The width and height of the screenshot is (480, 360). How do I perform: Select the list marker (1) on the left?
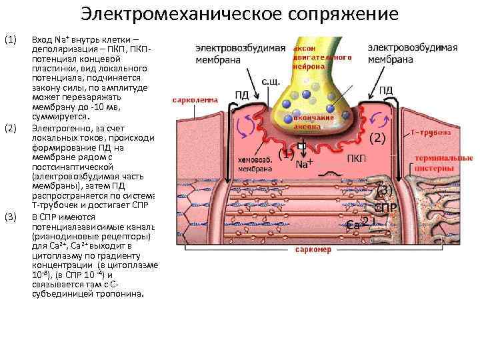[x=10, y=41]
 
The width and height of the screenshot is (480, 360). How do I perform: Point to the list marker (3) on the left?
[x=10, y=217]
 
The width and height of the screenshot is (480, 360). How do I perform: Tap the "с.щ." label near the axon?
[x=269, y=82]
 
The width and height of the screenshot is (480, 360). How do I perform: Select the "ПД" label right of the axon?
[x=386, y=90]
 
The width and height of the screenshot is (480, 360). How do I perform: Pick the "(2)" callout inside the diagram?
[x=378, y=139]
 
